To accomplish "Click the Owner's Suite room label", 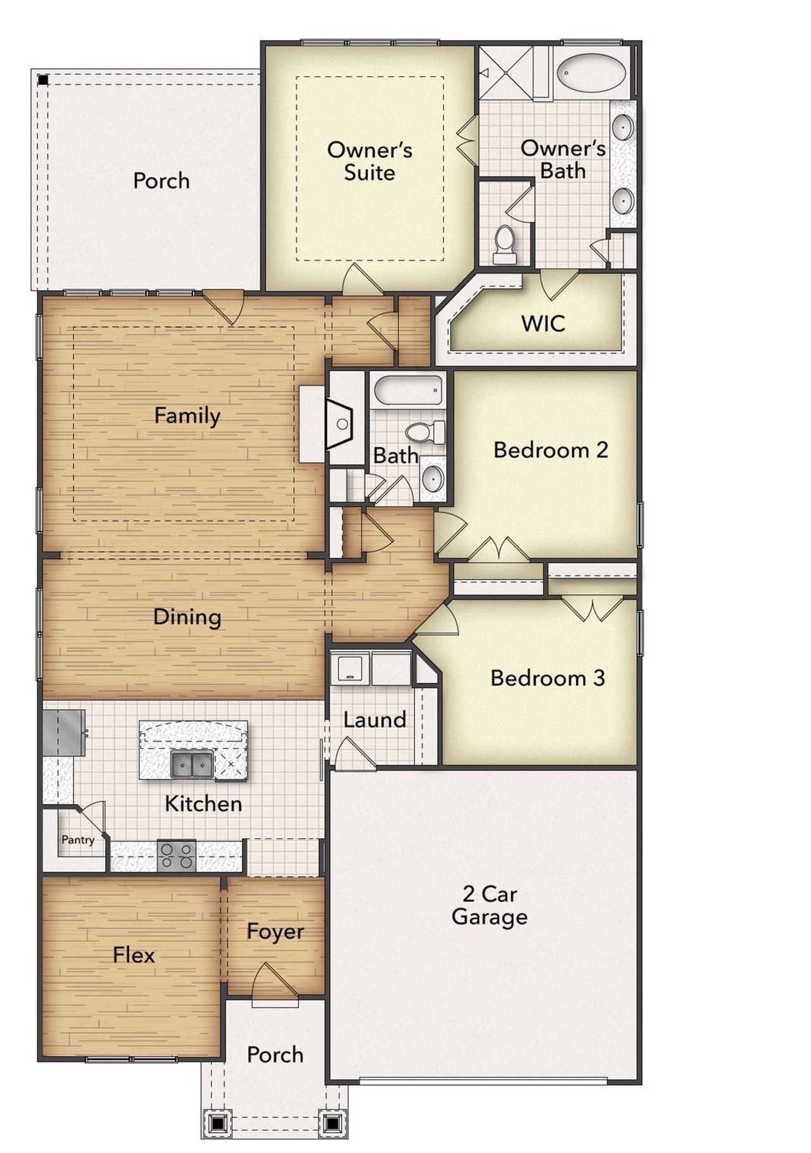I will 369,161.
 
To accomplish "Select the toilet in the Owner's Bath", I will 505,245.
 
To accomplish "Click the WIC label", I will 543,324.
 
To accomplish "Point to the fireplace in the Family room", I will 341,423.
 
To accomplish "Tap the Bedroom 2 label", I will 550,450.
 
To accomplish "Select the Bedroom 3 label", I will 547,678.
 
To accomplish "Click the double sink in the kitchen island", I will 192,765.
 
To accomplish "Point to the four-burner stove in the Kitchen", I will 177,856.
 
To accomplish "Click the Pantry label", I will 78,840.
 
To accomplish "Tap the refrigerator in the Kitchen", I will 64,732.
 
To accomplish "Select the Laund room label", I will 374,720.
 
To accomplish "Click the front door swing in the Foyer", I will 274,984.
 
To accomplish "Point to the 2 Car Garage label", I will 489,905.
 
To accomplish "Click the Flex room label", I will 134,955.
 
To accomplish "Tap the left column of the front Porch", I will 217,1124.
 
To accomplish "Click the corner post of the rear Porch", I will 43,80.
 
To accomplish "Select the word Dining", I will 187,617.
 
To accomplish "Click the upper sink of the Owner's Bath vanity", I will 623,127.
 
